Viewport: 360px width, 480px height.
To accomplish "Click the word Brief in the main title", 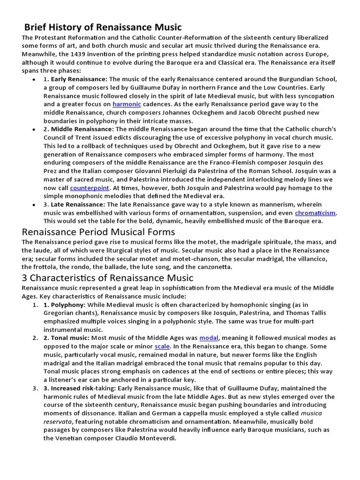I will coord(36,27).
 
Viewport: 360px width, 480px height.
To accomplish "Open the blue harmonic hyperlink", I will coord(126,104).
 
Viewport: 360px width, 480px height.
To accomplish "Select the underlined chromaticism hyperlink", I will coord(315,213).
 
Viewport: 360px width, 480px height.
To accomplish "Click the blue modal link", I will coord(209,337).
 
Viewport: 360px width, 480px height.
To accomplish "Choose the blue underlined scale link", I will coord(162,346).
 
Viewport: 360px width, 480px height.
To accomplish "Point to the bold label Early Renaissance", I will coord(79,79).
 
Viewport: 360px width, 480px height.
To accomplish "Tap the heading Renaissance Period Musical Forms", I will coord(98,232).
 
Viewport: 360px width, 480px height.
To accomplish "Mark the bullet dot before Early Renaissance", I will coord(34,79).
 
